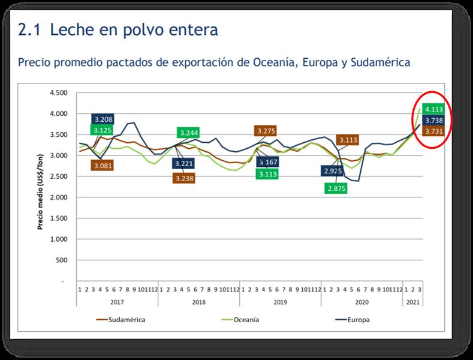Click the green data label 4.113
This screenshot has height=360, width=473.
coord(433,109)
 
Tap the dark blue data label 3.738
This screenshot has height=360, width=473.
coord(433,121)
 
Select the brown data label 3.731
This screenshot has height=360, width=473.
coord(433,131)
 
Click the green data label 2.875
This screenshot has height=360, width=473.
coord(336,188)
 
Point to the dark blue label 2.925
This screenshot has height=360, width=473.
coord(331,170)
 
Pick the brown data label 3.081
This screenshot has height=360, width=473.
coord(103,165)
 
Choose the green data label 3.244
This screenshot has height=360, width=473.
coord(188,133)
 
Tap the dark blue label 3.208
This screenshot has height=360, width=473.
coord(103,119)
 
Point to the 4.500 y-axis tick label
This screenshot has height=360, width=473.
coord(58,93)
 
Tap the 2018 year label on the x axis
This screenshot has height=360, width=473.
coord(198,302)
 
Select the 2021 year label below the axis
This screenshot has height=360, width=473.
coord(413,302)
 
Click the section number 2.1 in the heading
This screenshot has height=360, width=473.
coord(30,29)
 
